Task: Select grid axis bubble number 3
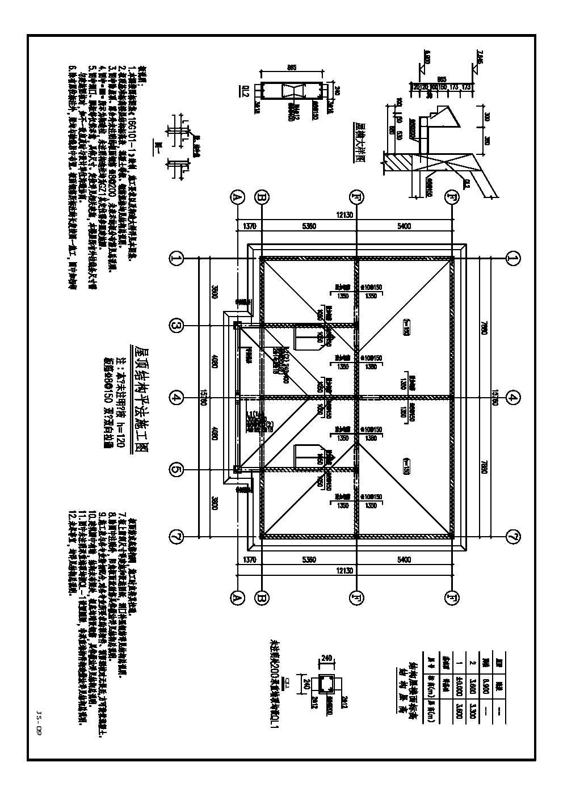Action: [x=177, y=325]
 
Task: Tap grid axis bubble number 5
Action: [x=177, y=470]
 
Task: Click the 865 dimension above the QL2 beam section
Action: [x=292, y=68]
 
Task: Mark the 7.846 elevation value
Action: [x=480, y=57]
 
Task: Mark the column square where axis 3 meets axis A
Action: [x=237, y=325]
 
